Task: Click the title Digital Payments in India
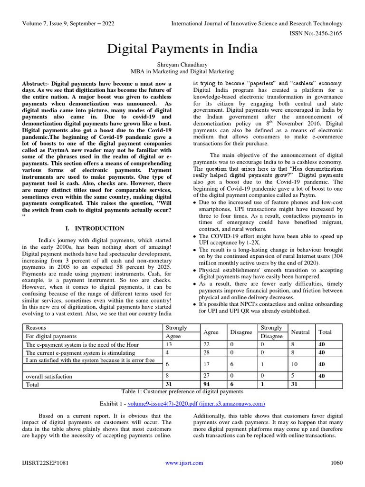[182, 49]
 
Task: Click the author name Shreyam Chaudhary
[182, 64]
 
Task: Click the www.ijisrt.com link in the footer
[184, 463]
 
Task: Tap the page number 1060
[336, 463]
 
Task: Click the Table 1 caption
[182, 391]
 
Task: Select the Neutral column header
[300, 331]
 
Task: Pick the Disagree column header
[241, 331]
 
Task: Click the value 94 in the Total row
[206, 384]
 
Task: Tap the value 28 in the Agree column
[206, 353]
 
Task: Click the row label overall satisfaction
[49, 376]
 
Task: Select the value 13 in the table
[168, 344]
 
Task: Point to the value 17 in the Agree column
[206, 364]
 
